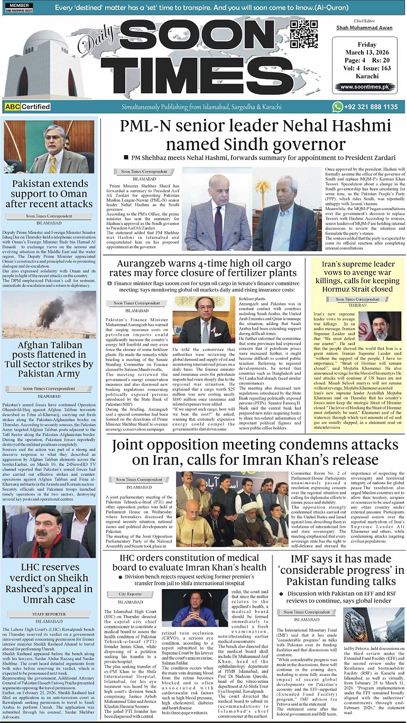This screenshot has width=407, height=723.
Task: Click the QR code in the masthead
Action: [304, 35]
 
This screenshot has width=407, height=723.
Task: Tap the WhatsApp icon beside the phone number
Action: [338, 107]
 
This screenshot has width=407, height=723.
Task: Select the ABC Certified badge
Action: [27, 107]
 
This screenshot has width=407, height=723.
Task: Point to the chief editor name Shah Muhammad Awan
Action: [364, 28]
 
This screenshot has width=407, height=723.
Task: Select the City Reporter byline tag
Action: [130, 594]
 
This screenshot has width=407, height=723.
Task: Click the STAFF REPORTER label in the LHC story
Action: [49, 614]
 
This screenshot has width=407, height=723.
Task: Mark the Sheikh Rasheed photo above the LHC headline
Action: [49, 532]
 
